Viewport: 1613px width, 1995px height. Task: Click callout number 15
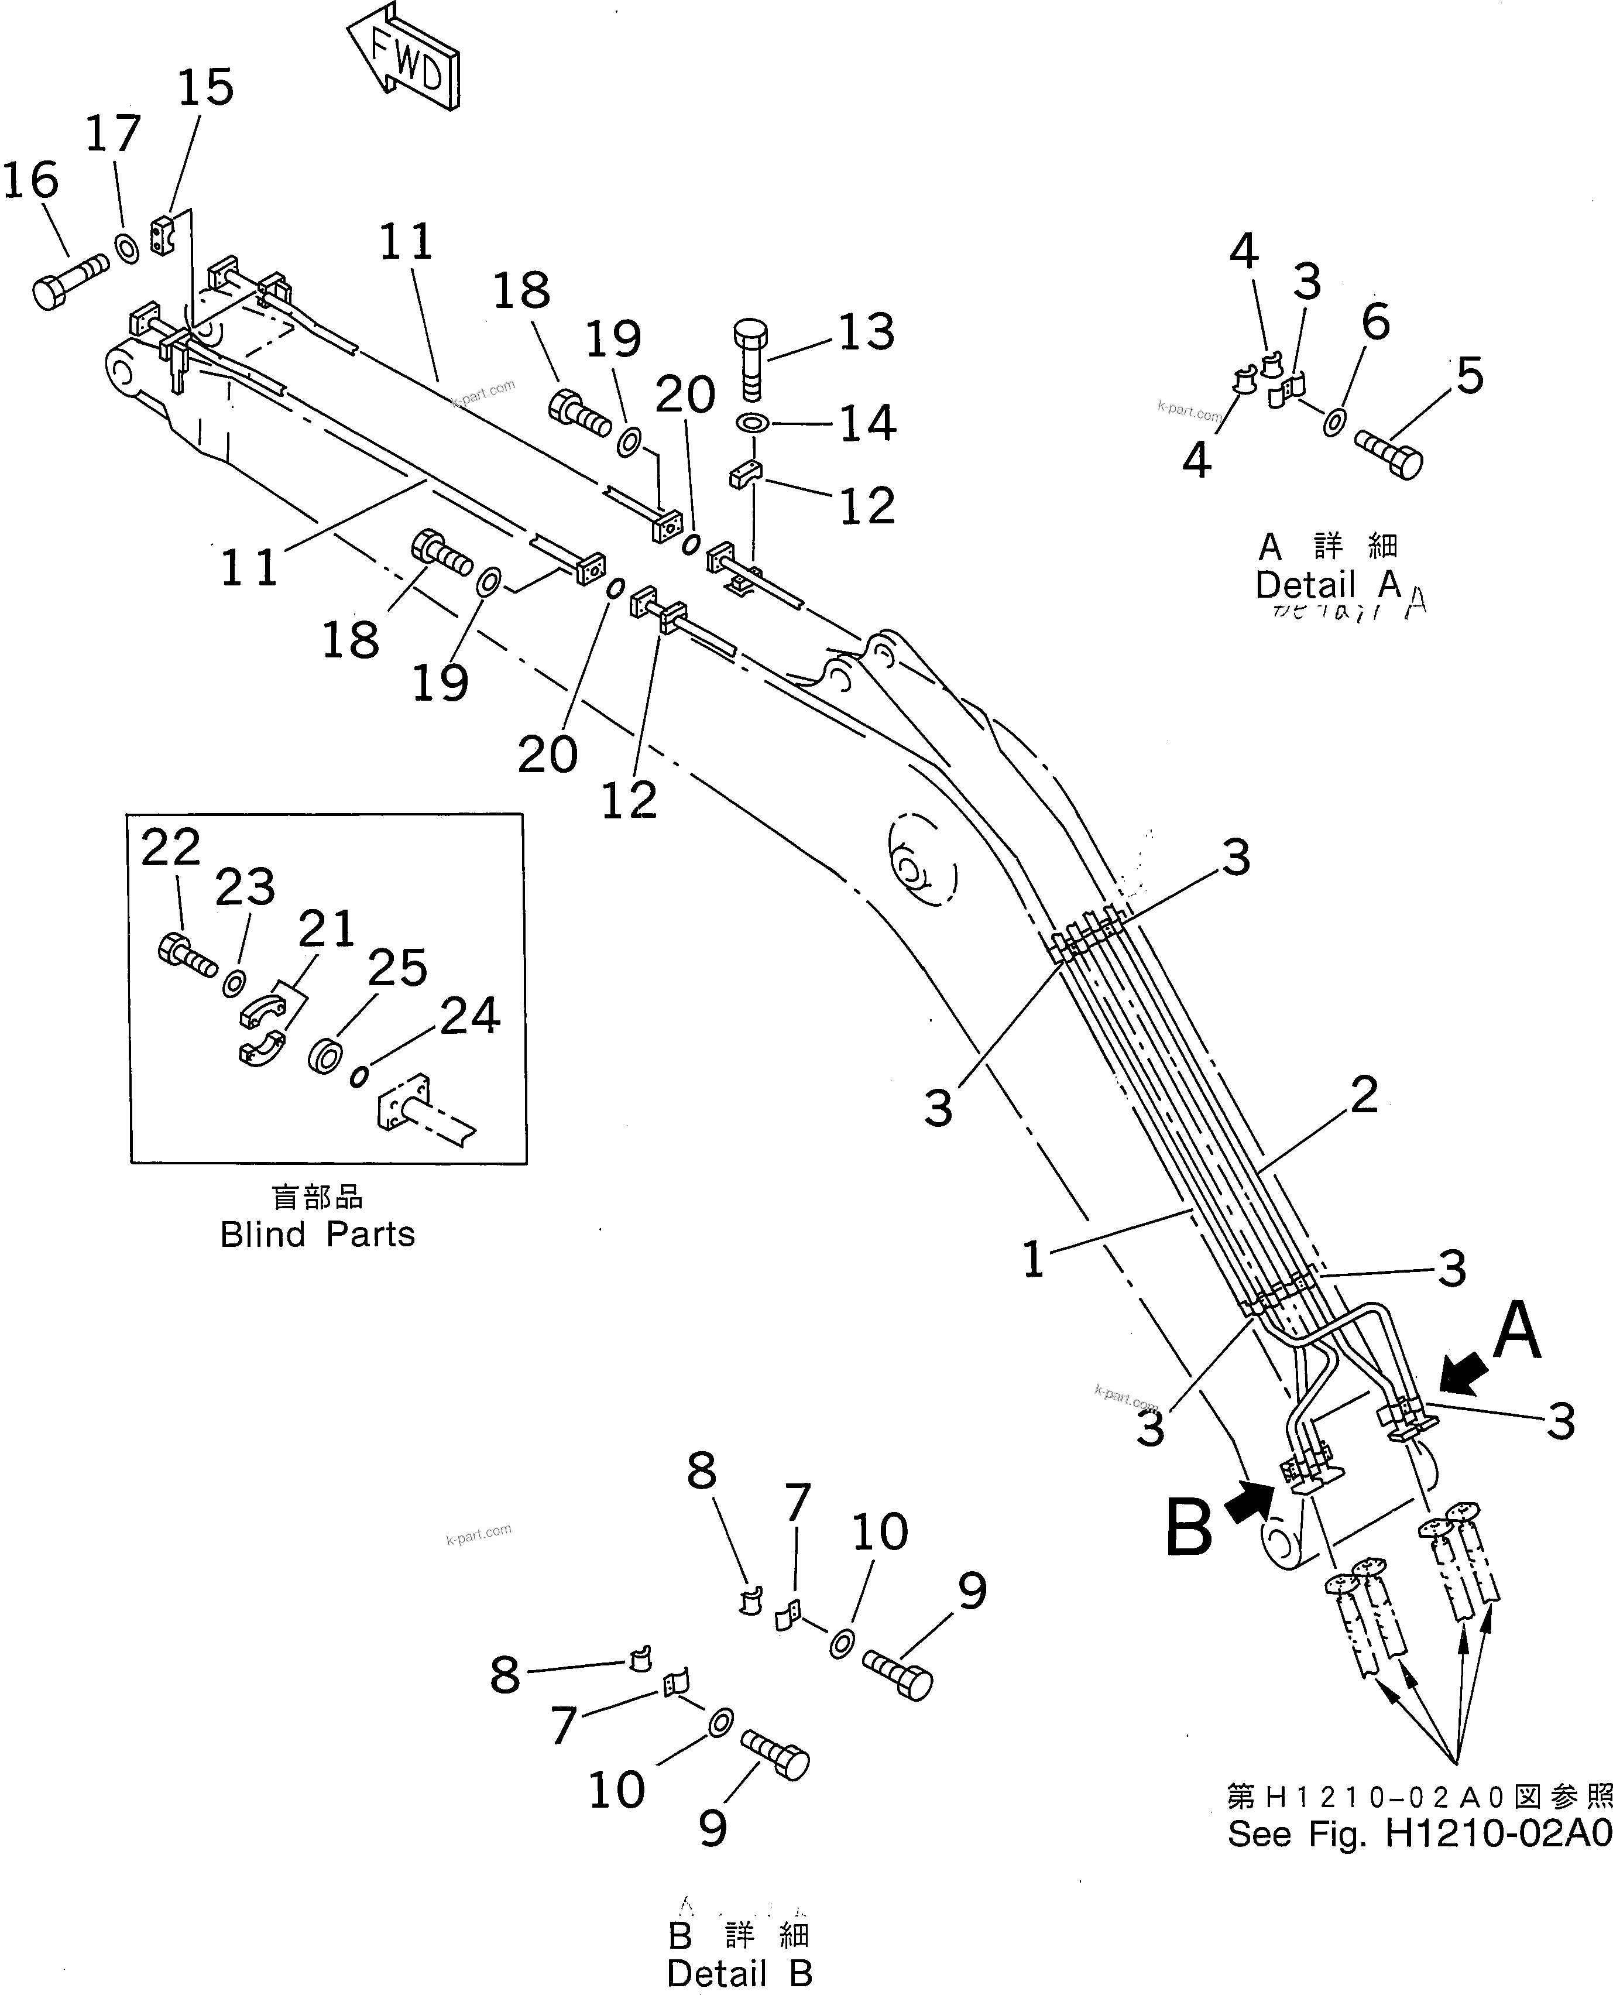(x=205, y=88)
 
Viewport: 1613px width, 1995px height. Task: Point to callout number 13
(x=866, y=332)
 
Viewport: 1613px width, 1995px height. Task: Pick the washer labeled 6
(x=1333, y=423)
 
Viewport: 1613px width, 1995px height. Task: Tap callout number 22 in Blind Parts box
(x=171, y=848)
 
